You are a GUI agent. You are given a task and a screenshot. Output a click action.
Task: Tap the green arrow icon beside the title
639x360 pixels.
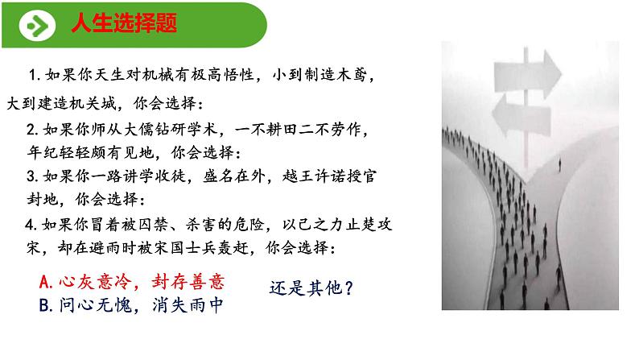click(x=36, y=25)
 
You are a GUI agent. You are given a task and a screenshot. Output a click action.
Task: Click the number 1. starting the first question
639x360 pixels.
click(x=34, y=75)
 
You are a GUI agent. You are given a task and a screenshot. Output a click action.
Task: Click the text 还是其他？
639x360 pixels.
click(x=311, y=286)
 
